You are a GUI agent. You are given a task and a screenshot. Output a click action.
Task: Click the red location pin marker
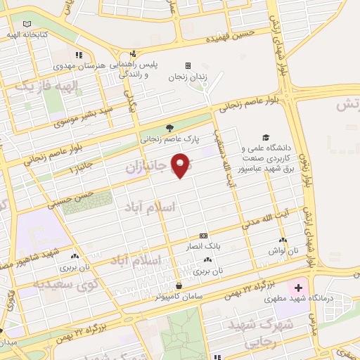(181, 165)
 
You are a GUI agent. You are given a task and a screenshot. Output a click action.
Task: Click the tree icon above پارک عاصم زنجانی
(169, 127)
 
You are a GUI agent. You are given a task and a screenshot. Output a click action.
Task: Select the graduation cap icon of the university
(266, 138)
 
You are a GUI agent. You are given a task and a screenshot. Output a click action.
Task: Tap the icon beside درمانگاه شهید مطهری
(298, 288)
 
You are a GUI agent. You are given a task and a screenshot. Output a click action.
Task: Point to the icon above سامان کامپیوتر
(179, 286)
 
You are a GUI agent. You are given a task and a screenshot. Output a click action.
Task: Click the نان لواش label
(286, 250)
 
